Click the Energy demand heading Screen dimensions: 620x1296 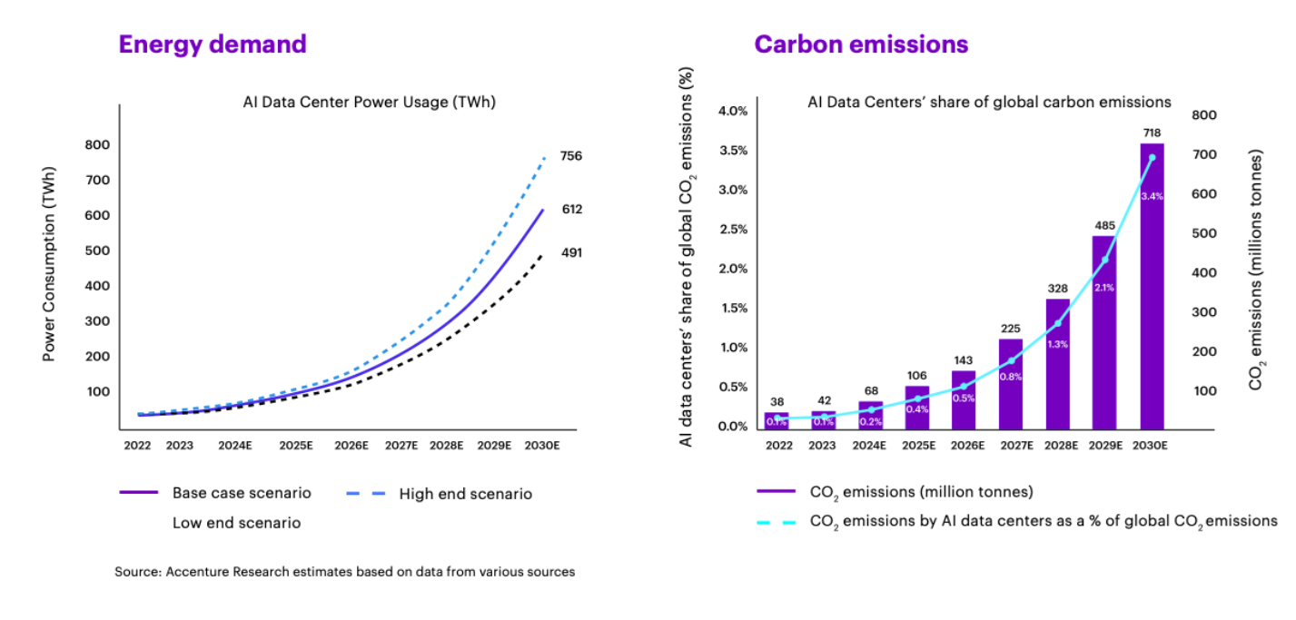[x=213, y=44]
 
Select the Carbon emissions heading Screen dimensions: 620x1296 [x=861, y=44]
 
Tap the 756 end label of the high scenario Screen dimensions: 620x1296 [x=571, y=156]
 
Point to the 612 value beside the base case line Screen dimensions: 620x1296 [x=571, y=210]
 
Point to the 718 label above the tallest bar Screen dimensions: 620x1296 [x=1152, y=133]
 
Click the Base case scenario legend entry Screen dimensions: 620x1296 [x=242, y=493]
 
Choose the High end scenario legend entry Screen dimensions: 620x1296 [x=465, y=494]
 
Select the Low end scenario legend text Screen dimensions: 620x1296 [x=236, y=523]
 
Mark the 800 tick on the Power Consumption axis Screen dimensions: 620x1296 [x=97, y=144]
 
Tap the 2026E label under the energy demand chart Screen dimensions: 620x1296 [x=351, y=446]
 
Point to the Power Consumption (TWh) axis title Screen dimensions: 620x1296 [x=50, y=263]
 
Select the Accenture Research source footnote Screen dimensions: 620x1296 [x=344, y=572]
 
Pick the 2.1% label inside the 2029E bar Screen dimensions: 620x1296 [x=1104, y=287]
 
